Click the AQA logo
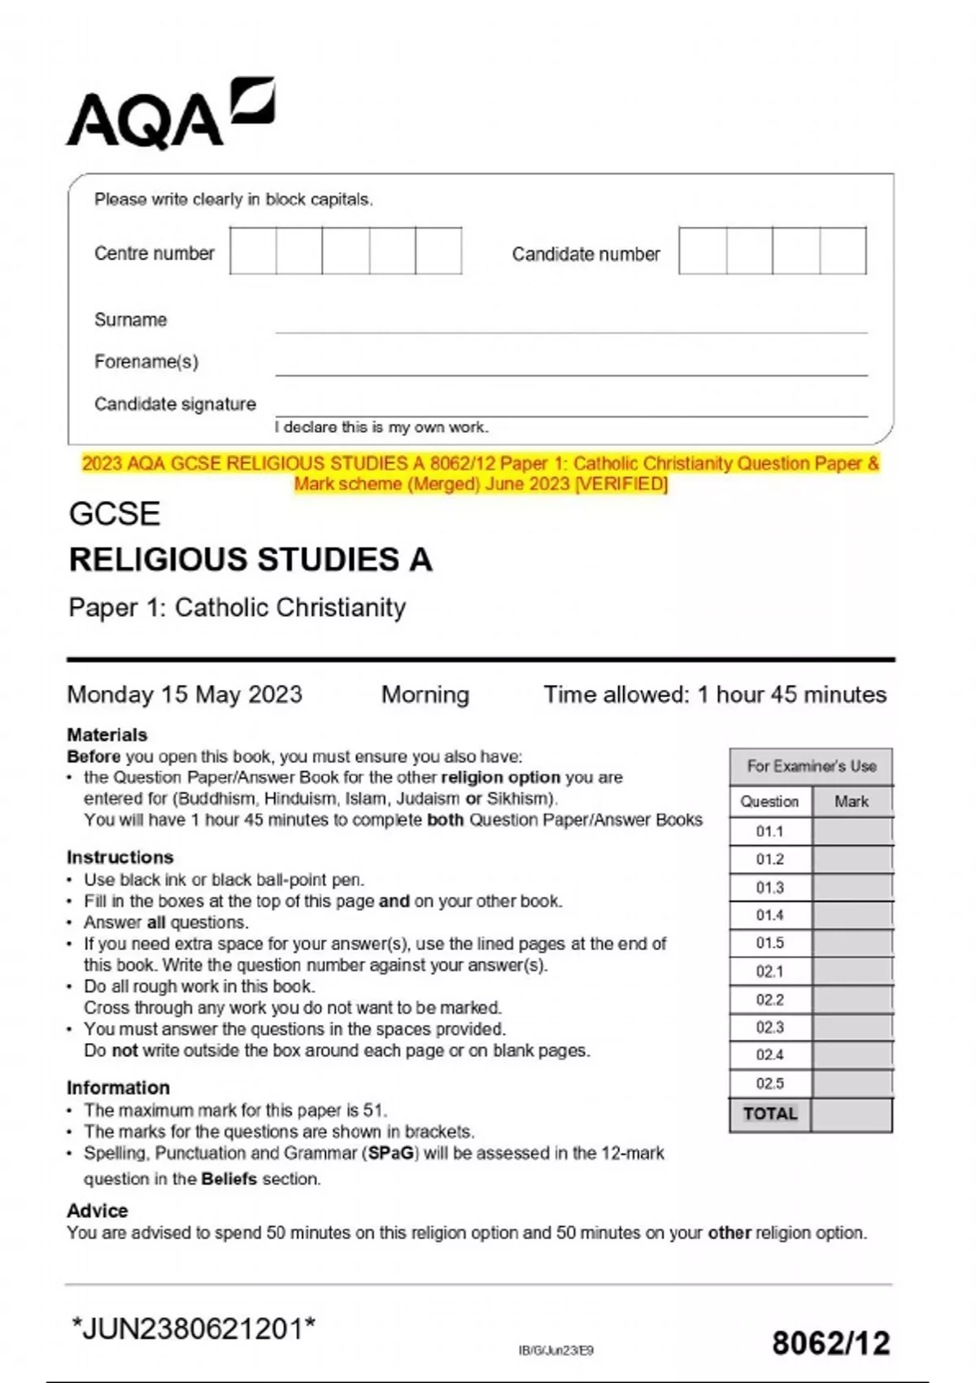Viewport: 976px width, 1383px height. (x=171, y=114)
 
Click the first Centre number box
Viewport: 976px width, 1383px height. (x=253, y=251)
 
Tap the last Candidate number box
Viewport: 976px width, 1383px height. (x=843, y=251)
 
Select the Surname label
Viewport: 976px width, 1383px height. (x=130, y=320)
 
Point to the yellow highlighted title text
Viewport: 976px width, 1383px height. (x=481, y=473)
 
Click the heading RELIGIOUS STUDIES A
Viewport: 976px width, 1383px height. (x=251, y=560)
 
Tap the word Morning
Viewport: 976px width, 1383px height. (x=425, y=695)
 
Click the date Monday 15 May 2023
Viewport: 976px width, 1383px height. (x=185, y=695)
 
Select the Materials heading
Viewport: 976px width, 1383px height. (x=107, y=735)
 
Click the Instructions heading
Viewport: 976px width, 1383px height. (x=120, y=857)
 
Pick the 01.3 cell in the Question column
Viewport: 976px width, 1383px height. (x=769, y=888)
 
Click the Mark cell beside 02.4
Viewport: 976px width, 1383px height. (x=852, y=1055)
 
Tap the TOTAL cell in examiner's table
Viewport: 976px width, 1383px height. (x=769, y=1114)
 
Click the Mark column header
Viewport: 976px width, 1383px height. (x=852, y=801)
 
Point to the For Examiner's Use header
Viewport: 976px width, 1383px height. (x=811, y=766)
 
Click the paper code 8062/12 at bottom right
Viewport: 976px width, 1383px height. (x=830, y=1343)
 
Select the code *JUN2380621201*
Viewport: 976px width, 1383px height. (x=194, y=1329)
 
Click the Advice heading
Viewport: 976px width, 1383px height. (x=98, y=1211)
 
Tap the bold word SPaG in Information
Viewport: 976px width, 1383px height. (x=391, y=1153)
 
